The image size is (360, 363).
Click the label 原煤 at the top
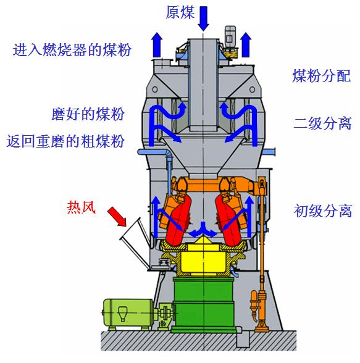point(180,12)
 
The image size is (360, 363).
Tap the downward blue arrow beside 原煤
point(204,19)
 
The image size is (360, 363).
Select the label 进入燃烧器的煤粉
point(72,49)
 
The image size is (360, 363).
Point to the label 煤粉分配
point(322,75)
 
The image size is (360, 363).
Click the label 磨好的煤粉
point(88,114)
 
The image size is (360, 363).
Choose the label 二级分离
point(322,123)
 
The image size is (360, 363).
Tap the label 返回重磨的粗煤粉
point(65,141)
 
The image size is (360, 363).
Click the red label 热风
point(82,207)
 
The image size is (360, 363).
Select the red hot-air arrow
point(117,217)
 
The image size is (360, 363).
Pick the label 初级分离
point(323,211)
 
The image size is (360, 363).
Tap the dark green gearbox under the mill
point(204,304)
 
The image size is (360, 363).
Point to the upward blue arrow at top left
point(157,44)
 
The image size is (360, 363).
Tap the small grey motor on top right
point(230,37)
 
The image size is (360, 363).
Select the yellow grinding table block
point(203,260)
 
